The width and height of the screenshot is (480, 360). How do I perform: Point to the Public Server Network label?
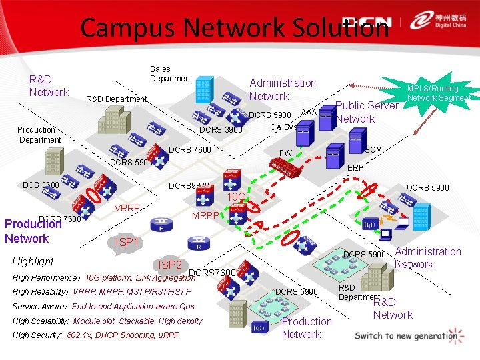(x=367, y=112)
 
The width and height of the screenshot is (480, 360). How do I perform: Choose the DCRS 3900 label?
(x=221, y=129)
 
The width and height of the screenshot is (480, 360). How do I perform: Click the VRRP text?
(x=127, y=208)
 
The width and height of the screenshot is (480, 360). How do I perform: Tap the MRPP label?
(x=205, y=215)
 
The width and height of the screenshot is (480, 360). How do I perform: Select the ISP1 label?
(x=127, y=242)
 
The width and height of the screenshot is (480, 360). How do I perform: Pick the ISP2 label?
(x=169, y=265)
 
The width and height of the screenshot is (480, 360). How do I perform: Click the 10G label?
(x=237, y=197)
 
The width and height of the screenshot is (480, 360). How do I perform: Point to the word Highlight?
(x=33, y=261)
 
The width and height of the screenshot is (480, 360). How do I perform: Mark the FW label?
(x=285, y=153)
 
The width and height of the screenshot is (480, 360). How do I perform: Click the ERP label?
(x=356, y=168)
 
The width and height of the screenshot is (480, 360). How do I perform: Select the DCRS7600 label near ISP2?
(x=213, y=273)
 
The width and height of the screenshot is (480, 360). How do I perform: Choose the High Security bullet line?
(x=96, y=335)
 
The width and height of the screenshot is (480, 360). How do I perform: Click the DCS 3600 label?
(x=41, y=185)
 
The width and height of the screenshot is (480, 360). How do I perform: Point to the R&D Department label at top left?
(x=117, y=99)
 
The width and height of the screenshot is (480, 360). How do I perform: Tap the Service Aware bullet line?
(x=103, y=307)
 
